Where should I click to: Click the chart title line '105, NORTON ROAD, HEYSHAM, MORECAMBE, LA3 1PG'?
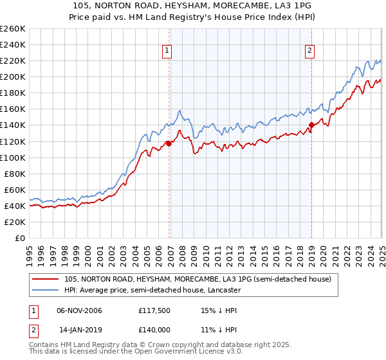[x=193, y=6]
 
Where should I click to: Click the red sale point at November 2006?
[x=169, y=143]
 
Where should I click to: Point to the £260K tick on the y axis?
[x=13, y=29]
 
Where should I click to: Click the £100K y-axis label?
[x=13, y=157]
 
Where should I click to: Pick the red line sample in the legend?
[x=46, y=279]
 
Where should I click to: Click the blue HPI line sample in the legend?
[x=46, y=290]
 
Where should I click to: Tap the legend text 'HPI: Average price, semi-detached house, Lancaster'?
[x=152, y=290]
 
